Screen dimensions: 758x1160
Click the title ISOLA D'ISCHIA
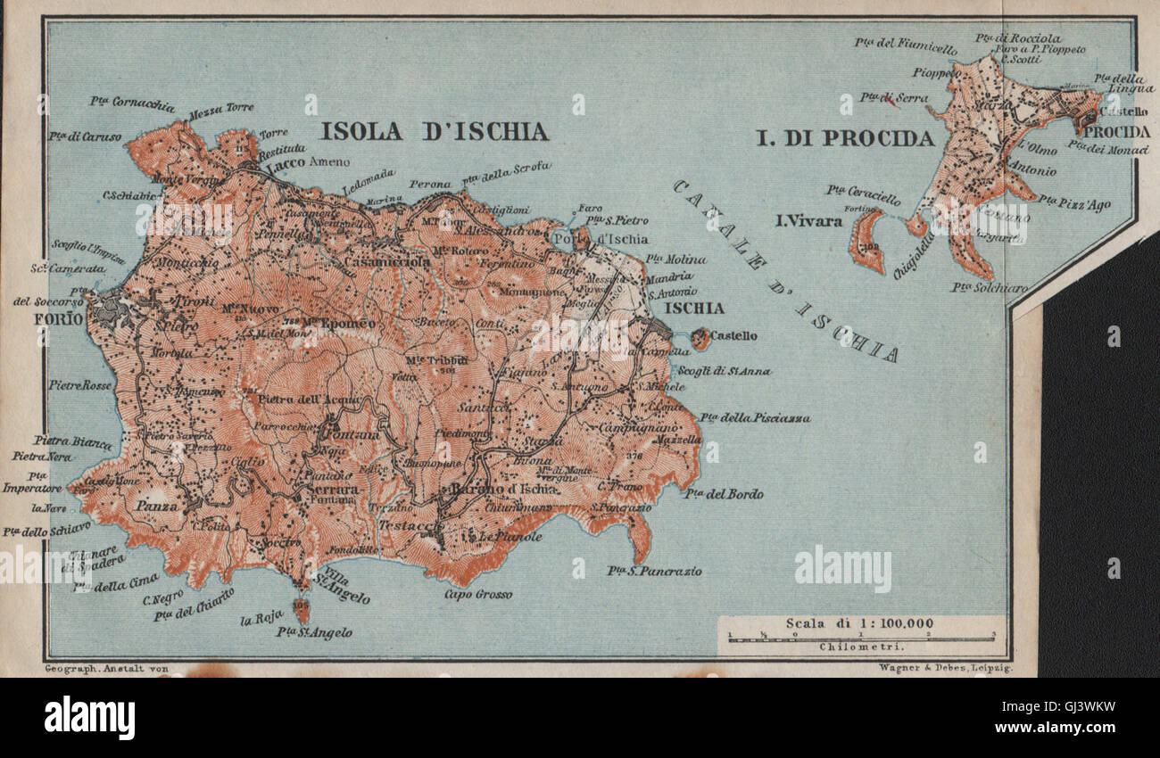click(x=435, y=132)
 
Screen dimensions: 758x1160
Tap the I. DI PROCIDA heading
click(x=845, y=138)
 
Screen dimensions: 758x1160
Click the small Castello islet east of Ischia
click(x=700, y=338)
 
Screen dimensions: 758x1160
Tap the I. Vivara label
click(x=808, y=220)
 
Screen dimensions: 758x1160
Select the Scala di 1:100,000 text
click(x=859, y=623)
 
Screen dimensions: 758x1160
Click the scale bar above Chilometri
click(x=861, y=637)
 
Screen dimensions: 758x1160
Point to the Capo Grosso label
click(x=479, y=594)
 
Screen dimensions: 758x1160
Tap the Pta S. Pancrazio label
click(x=654, y=571)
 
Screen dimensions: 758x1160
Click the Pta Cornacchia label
click(x=132, y=103)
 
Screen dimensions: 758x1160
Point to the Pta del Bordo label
click(x=724, y=493)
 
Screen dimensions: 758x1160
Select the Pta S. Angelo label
click(x=313, y=632)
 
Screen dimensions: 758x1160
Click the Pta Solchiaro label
click(x=989, y=287)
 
